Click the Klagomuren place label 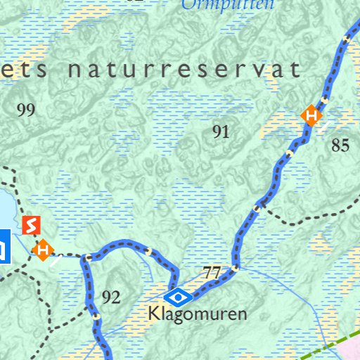point(198,314)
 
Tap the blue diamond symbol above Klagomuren point(179,296)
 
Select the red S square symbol point(32,226)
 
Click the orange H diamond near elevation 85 point(311,115)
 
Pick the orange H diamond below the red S point(44,249)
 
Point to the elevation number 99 point(25,110)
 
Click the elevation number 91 point(221,131)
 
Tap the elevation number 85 point(340,146)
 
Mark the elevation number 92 point(111,297)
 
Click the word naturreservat point(184,70)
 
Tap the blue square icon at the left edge point(4,246)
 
